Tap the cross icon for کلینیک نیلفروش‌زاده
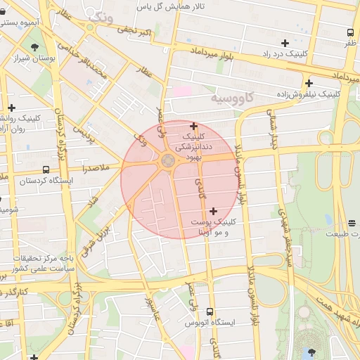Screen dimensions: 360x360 tap(308, 83)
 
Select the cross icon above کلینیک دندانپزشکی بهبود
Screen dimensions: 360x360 tap(194, 126)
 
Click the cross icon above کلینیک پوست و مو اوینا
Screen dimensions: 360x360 tap(213, 210)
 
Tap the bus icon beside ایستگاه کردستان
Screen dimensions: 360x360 tap(46, 169)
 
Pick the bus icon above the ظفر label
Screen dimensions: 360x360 tap(350, 32)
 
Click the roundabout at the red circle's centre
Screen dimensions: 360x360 tap(168, 162)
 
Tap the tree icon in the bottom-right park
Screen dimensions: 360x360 tap(311, 352)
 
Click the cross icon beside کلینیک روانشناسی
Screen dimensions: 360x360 tap(11, 108)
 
